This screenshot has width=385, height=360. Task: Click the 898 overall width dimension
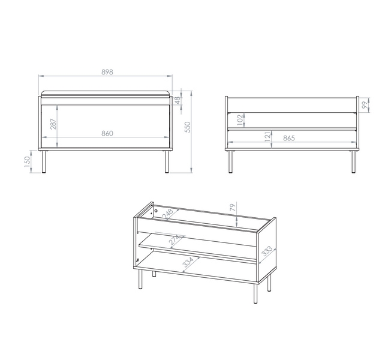pos(107,72)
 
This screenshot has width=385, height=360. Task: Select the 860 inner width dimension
pos(107,133)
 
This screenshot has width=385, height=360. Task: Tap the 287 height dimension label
pos(53,124)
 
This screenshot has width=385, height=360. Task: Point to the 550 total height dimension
pos(188,127)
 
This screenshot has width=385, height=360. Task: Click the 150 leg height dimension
pos(28,162)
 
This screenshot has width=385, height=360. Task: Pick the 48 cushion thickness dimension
pos(178,101)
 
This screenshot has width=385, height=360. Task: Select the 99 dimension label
pos(366,105)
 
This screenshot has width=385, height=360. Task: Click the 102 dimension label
pos(240,119)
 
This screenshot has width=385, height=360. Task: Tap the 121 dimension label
pos(267,137)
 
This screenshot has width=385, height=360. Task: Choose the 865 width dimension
pos(289,139)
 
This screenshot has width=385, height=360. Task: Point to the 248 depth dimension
pos(168,213)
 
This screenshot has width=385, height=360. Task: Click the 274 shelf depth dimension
pos(175,240)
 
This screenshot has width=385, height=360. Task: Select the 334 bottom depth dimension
pos(188,262)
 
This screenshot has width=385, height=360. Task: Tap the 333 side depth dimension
pos(267,251)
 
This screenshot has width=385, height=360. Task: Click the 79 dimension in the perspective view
pos(233,207)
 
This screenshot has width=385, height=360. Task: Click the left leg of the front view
pos(44,161)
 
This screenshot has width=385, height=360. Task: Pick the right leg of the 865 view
pos(354,161)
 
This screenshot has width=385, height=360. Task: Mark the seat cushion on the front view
pos(106,94)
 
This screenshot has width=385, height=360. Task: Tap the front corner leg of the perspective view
pos(255,293)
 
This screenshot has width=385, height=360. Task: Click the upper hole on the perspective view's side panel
pos(155,211)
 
